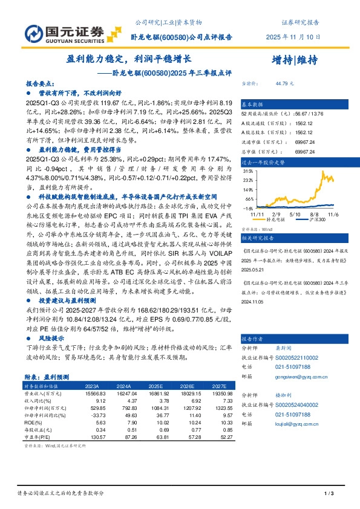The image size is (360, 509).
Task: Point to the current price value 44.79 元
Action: tap(283, 83)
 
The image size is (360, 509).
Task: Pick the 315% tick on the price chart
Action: tap(247, 171)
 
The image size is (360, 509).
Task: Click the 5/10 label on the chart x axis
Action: tap(296, 213)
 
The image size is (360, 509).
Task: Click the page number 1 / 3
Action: tap(330, 494)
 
